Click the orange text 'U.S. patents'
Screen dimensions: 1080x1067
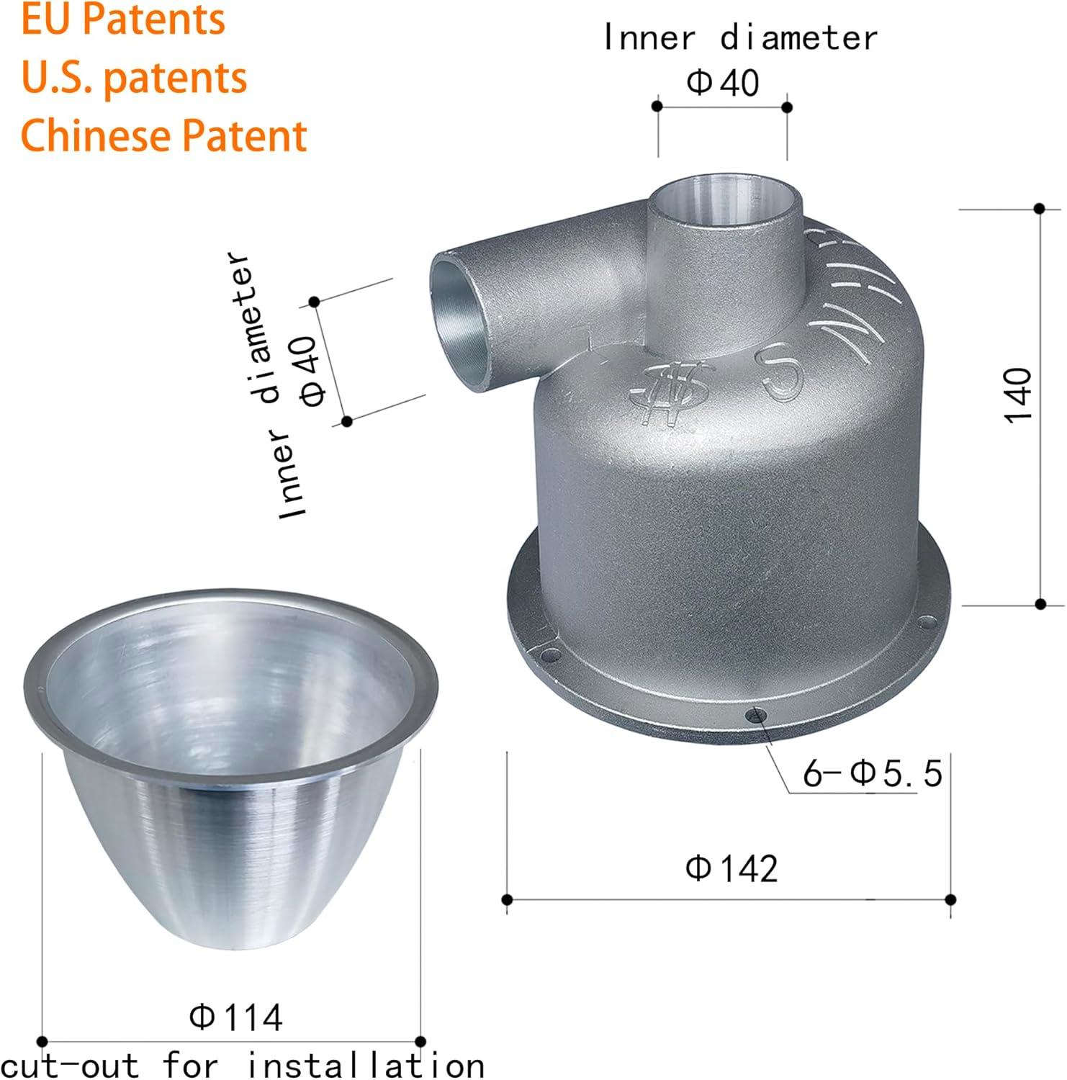(134, 77)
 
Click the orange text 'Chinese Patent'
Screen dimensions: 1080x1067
(164, 135)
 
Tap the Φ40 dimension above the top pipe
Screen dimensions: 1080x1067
(722, 83)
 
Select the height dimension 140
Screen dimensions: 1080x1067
(1018, 395)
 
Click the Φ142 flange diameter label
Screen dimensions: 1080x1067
(731, 868)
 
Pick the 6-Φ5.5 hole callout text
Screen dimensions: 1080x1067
(873, 774)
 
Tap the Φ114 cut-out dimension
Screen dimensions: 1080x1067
(236, 1017)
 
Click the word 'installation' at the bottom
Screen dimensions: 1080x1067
(366, 1065)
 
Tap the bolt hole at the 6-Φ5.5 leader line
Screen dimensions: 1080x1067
(754, 715)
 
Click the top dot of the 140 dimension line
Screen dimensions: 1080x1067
(1039, 208)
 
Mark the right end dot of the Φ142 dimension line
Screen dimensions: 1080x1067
(950, 899)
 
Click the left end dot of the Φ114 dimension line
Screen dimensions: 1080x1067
(42, 1041)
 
